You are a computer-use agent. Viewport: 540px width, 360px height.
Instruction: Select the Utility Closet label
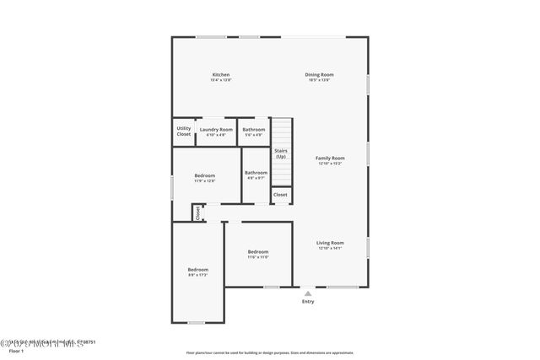pyautogui.click(x=183, y=132)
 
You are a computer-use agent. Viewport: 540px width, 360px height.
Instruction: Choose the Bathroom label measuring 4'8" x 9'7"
pyautogui.click(x=256, y=175)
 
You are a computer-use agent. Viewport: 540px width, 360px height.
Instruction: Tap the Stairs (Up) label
pyautogui.click(x=281, y=153)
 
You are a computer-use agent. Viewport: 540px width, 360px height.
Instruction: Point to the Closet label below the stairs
pyautogui.click(x=280, y=195)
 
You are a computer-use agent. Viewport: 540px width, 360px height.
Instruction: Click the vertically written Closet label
pyautogui.click(x=198, y=212)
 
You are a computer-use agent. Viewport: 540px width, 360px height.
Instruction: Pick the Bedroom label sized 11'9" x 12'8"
pyautogui.click(x=205, y=177)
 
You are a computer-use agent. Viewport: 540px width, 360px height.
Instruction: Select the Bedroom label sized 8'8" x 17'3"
pyautogui.click(x=197, y=271)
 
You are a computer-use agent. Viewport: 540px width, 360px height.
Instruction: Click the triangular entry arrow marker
pyautogui.click(x=308, y=293)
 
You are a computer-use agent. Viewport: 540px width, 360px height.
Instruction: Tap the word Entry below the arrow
pyautogui.click(x=308, y=302)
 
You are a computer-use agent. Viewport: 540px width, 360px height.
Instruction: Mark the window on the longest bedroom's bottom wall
pyautogui.click(x=196, y=322)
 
